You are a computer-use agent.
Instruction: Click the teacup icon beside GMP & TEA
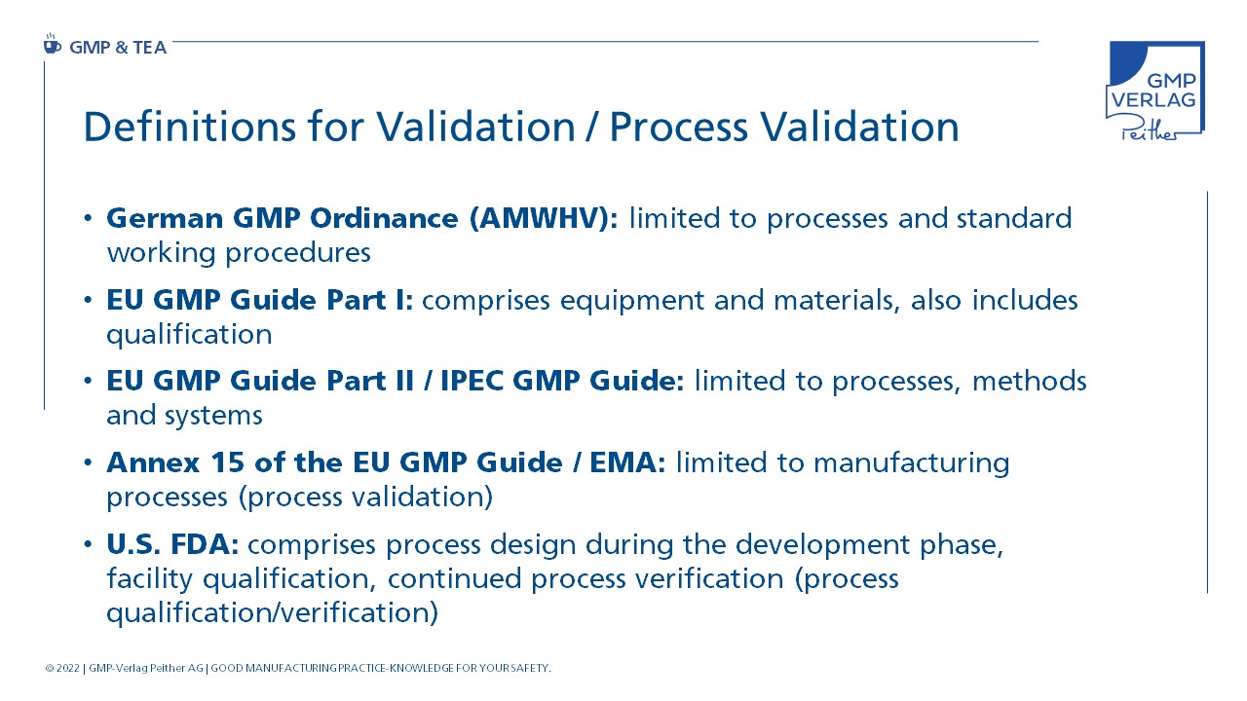[52, 45]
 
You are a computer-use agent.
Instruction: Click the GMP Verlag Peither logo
[1155, 91]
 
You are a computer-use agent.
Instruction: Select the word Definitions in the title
[189, 127]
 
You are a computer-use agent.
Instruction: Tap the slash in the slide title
[592, 128]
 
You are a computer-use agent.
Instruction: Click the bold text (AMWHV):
[544, 217]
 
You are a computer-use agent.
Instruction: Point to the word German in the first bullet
[165, 218]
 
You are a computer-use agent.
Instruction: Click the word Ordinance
[384, 217]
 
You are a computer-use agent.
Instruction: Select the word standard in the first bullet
[1014, 217]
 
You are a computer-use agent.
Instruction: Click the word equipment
[632, 301]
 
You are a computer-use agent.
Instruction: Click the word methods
[1030, 381]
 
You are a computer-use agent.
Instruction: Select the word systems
[213, 416]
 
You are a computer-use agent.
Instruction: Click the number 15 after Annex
[227, 462]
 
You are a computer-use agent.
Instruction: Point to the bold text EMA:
[627, 462]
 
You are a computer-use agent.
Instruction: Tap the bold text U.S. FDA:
[172, 544]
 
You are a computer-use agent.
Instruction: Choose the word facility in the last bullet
[150, 578]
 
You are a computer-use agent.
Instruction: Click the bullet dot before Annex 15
[88, 462]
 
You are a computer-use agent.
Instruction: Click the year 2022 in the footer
[68, 668]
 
